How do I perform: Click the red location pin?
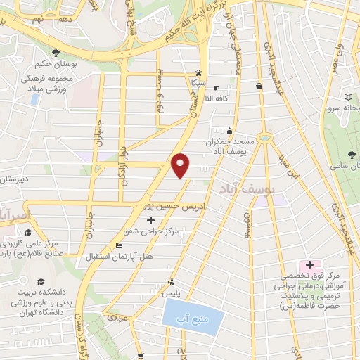pos(181,165)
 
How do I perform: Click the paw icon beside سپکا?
pos(200,72)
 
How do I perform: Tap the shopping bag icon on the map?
pos(259,86)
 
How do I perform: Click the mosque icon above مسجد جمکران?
pos(229,131)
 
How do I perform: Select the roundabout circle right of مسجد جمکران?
pos(265,138)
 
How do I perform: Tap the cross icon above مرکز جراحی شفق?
pos(150,220)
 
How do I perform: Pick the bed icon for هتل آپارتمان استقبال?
pos(119,245)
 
